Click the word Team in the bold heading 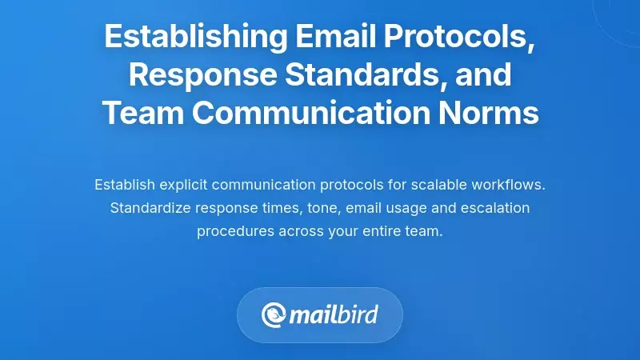(x=142, y=113)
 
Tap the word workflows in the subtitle (x=507, y=185)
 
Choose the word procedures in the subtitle (x=230, y=231)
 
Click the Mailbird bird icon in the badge (x=274, y=314)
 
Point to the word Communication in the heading (x=320, y=113)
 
